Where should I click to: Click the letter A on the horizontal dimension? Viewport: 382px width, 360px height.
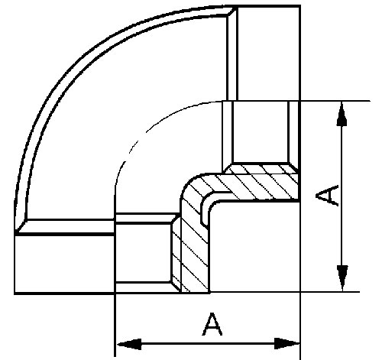212,324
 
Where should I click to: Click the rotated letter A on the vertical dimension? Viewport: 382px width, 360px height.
327,195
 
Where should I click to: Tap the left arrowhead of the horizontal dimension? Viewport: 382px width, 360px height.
129,344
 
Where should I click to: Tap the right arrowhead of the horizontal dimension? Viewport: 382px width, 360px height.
287,344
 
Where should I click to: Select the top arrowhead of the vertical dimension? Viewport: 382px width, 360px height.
342,114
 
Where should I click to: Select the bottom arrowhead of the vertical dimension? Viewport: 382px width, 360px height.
342,278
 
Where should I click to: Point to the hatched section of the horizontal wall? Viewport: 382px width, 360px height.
254,183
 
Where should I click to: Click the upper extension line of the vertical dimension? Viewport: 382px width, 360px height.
335,101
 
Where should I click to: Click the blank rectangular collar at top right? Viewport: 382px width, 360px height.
268,54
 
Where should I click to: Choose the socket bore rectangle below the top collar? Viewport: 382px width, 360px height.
261,131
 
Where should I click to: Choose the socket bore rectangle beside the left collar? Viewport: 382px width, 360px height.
143,253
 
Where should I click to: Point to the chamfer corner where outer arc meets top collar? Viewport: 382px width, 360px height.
231,11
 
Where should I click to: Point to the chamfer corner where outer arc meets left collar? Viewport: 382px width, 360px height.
21,226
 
